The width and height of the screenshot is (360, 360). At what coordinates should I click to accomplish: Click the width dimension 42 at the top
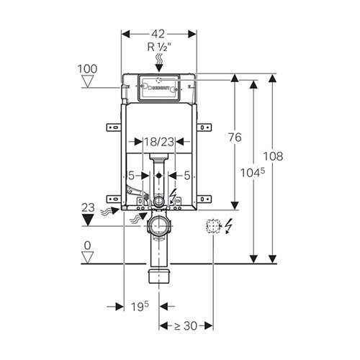point(158,34)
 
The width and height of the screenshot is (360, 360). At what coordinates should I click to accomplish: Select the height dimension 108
point(274,156)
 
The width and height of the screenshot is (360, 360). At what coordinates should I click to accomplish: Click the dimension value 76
point(235,138)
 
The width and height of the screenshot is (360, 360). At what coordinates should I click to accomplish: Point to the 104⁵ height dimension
point(253,173)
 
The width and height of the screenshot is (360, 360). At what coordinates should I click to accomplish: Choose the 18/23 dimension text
point(158,142)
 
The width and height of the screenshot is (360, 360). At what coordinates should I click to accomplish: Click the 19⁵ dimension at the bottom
point(140,307)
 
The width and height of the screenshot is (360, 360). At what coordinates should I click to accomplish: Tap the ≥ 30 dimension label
point(186,326)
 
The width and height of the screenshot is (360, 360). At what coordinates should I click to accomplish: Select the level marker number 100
point(87,69)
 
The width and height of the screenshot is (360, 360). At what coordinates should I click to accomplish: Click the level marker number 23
point(88,207)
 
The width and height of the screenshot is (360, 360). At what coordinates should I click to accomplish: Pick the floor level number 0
point(88,246)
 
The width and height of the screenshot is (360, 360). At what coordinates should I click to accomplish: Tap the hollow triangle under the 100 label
point(87,81)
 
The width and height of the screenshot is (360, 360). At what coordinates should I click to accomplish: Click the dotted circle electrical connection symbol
point(213,226)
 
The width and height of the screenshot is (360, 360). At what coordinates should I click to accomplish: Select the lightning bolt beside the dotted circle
point(229,226)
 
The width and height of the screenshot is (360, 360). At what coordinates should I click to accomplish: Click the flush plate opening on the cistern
point(158,88)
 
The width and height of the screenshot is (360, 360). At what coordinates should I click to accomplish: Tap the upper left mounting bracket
point(114,127)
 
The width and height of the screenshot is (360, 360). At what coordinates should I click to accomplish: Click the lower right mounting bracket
point(204,199)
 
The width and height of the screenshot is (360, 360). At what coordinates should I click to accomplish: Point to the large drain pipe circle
point(159,226)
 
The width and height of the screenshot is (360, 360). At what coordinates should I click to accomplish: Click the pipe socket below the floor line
point(159,276)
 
